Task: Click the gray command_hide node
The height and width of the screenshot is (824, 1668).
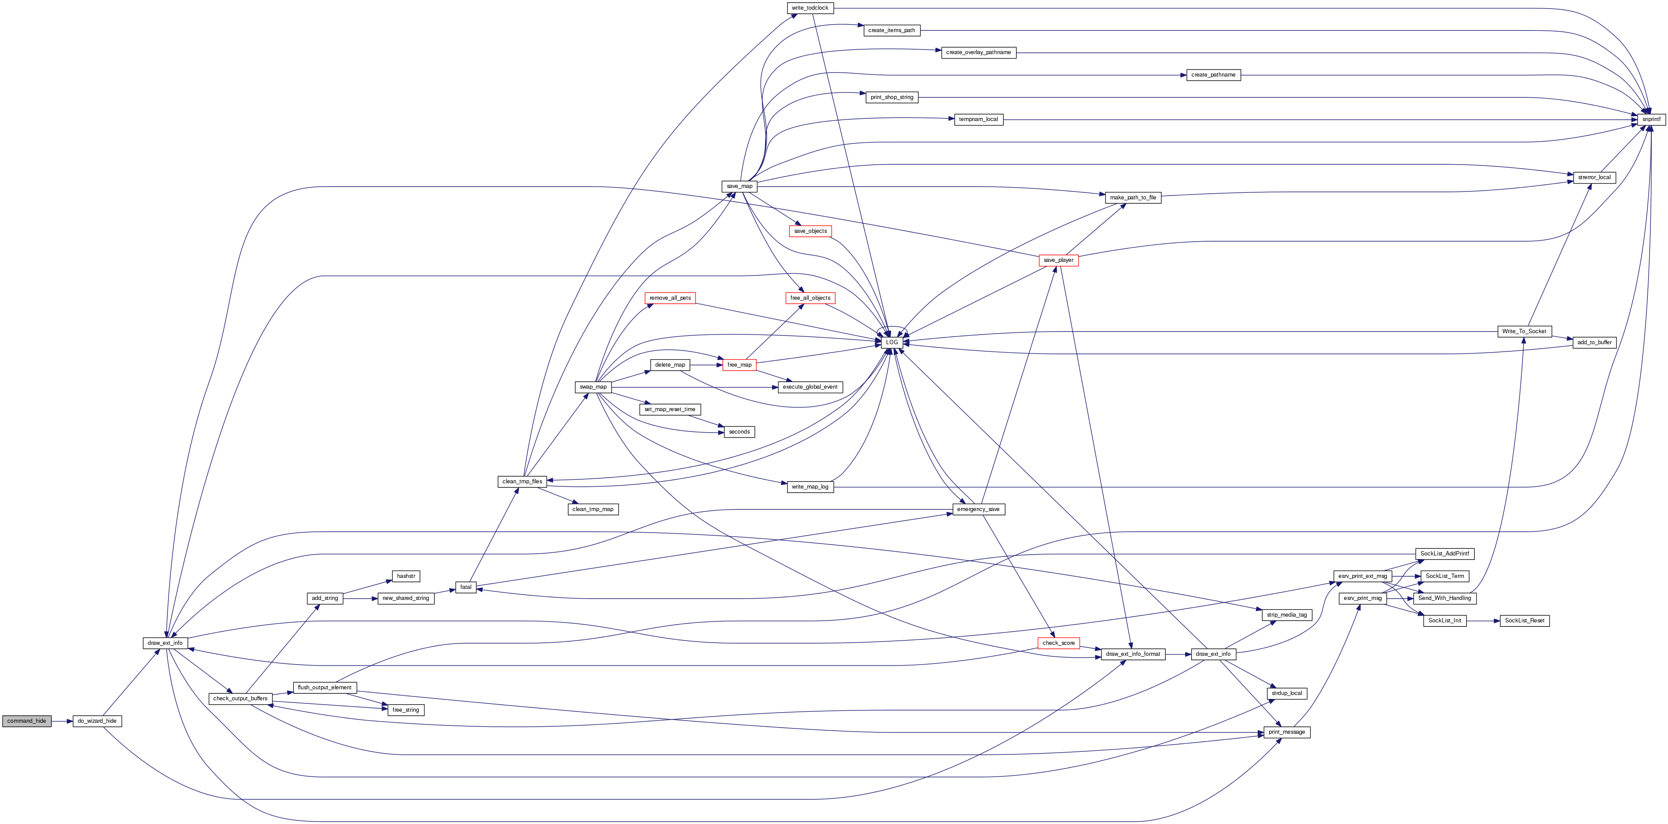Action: pyautogui.click(x=26, y=721)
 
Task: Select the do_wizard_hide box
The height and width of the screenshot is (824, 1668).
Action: pyautogui.click(x=97, y=721)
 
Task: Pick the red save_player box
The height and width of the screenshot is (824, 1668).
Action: pyautogui.click(x=1058, y=260)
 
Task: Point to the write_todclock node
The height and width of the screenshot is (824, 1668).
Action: pyautogui.click(x=810, y=8)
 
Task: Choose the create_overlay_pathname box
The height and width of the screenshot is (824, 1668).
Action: pyautogui.click(x=979, y=52)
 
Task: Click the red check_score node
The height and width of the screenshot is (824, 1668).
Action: pyautogui.click(x=1059, y=643)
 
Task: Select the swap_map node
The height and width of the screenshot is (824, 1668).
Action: pyautogui.click(x=593, y=387)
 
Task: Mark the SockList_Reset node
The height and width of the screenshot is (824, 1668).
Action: pyautogui.click(x=1524, y=621)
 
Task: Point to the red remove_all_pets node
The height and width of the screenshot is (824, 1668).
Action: pyautogui.click(x=670, y=298)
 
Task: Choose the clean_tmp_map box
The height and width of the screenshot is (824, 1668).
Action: pyautogui.click(x=593, y=509)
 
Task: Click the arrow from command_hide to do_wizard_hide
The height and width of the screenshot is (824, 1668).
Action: pyautogui.click(x=62, y=721)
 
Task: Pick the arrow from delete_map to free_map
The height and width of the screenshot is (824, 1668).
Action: pyautogui.click(x=707, y=365)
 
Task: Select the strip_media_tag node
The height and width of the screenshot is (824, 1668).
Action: pyautogui.click(x=1287, y=615)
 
